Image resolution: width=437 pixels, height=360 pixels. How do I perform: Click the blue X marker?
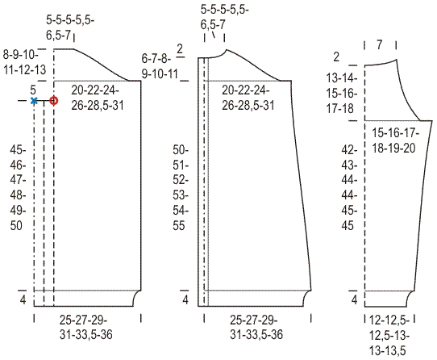tap(34, 100)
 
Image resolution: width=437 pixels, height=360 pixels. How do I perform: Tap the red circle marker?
tap(54, 100)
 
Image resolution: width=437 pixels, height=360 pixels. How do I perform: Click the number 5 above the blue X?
tap(33, 90)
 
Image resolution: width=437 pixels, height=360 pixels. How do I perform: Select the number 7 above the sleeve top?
tap(379, 44)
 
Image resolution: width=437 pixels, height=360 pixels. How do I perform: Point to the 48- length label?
tap(18, 195)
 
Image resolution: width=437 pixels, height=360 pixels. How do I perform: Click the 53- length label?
tap(181, 195)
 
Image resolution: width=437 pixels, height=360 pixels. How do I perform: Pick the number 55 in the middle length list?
tap(179, 225)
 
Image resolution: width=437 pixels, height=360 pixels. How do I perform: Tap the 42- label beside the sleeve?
tap(349, 150)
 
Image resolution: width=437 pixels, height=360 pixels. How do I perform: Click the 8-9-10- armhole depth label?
tap(21, 54)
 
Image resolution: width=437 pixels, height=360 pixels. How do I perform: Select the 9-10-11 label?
tap(160, 74)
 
